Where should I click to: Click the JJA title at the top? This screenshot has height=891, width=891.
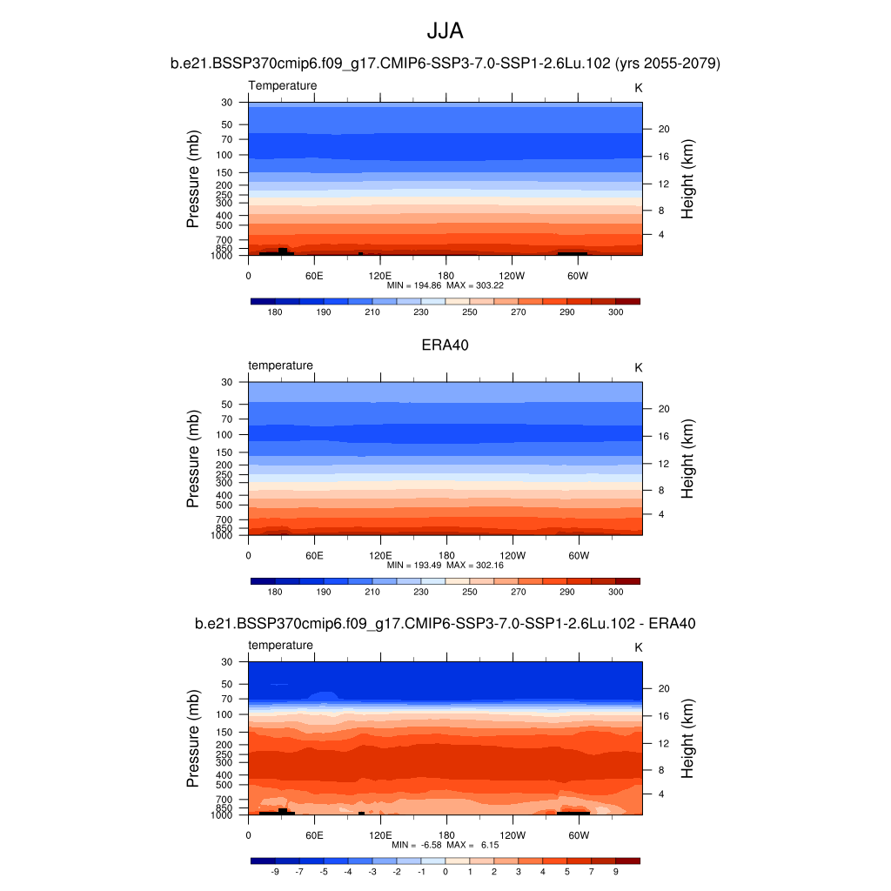coord(445,31)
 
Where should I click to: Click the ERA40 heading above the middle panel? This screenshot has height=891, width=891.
coord(445,345)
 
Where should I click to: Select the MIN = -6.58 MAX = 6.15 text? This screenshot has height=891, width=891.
coord(445,845)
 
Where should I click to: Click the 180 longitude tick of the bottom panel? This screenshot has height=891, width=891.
coord(445,834)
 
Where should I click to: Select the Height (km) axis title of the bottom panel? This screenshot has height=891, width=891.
coord(687,739)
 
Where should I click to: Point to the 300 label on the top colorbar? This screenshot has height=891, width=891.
coord(615,312)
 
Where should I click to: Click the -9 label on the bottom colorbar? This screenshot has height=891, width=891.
coord(275,871)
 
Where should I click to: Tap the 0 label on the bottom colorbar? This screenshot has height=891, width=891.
coord(445,871)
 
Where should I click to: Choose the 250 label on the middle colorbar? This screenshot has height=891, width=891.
coord(470,592)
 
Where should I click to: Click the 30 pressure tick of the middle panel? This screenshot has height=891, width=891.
coord(227,382)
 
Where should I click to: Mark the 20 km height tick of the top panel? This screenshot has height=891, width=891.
coord(662,129)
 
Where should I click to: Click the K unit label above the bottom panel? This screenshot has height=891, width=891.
coord(639,647)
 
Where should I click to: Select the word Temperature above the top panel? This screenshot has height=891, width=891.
coord(283,85)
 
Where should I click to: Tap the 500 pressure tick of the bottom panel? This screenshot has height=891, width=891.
coord(224,785)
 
